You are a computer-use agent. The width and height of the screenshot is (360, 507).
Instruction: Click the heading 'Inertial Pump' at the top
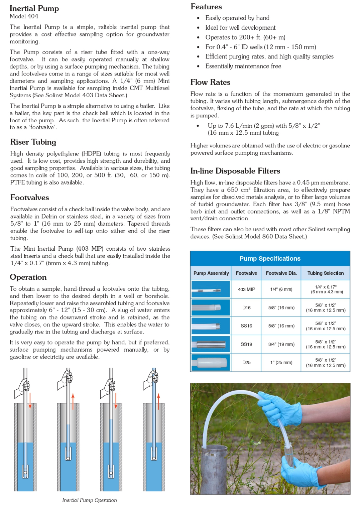pyautogui.click(x=34, y=8)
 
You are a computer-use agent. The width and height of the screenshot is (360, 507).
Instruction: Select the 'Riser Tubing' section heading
pyautogui.click(x=33, y=142)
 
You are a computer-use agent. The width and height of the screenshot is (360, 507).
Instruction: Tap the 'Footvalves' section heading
pyautogui.click(x=29, y=198)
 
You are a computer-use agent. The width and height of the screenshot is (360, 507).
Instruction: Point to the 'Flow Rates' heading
pyautogui.click(x=210, y=82)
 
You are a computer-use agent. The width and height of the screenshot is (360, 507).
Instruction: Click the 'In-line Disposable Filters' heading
pyautogui.click(x=235, y=171)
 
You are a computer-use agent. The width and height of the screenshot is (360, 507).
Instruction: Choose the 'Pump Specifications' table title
pyautogui.click(x=270, y=258)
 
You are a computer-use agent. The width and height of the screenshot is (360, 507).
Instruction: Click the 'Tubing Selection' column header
pyautogui.click(x=325, y=273)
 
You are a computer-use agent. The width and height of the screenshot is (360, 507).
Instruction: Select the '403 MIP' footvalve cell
pyautogui.click(x=246, y=289)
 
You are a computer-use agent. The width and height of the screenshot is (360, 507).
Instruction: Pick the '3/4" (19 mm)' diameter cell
pyautogui.click(x=281, y=344)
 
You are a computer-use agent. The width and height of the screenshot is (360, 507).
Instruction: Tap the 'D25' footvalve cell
pyautogui.click(x=246, y=362)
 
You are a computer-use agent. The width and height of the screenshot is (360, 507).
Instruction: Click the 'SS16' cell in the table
pyautogui.click(x=246, y=326)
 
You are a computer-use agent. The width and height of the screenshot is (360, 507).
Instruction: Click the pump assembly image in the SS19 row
pyautogui.click(x=211, y=344)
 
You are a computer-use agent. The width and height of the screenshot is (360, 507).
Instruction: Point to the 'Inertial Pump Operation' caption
pyautogui.click(x=89, y=500)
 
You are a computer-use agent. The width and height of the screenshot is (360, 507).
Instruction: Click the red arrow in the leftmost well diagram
pyautogui.click(x=30, y=401)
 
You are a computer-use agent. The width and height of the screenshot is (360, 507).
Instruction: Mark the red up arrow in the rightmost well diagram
pyautogui.click(x=158, y=401)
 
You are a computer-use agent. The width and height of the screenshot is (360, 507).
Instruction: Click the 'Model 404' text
pyautogui.click(x=24, y=16)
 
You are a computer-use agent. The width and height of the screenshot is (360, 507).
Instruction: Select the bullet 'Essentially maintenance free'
pyautogui.click(x=243, y=66)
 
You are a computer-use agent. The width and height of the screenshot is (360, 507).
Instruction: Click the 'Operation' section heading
pyautogui.click(x=28, y=277)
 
